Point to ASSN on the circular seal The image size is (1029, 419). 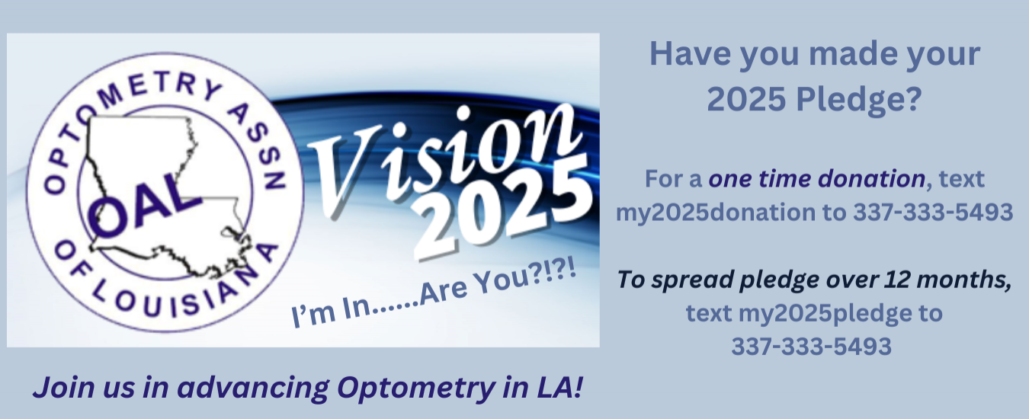pos(258,146)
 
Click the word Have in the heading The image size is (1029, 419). pos(690,54)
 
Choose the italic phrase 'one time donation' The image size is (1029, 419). pos(817,178)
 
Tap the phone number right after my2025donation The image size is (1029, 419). pos(933,212)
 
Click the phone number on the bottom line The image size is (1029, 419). pos(811,346)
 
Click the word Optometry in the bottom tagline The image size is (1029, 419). pos(416,388)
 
